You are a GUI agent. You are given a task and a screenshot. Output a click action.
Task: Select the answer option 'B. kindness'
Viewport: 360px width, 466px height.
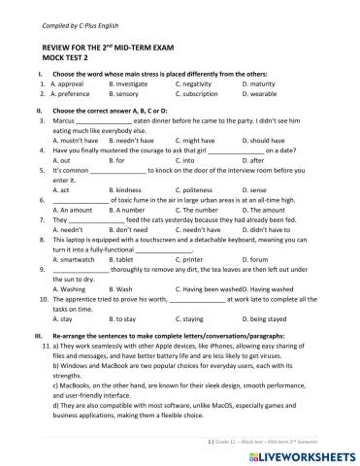pyautogui.click(x=128, y=189)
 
